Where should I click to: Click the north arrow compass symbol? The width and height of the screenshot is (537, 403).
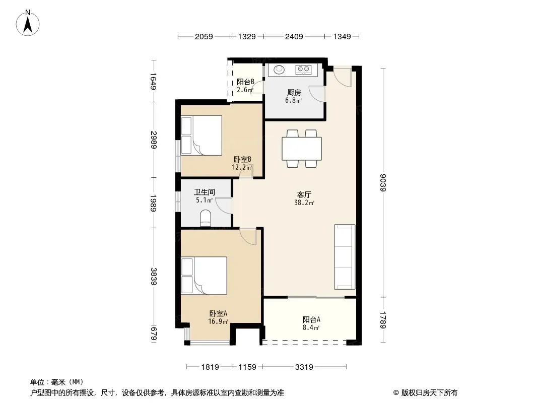click(28, 23)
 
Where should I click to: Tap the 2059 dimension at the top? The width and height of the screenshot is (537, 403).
click(204, 37)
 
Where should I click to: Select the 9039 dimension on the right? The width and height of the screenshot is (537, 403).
click(383, 183)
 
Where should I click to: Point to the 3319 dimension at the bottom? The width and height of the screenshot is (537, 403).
click(304, 367)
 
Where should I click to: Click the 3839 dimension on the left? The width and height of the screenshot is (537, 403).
click(154, 277)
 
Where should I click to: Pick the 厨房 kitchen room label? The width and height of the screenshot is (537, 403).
click(294, 93)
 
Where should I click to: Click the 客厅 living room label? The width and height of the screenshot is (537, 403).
click(304, 195)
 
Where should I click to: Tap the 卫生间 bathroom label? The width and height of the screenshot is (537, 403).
click(205, 192)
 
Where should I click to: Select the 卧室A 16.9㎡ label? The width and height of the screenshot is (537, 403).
click(218, 317)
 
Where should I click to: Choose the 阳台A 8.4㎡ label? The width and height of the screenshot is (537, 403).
click(311, 323)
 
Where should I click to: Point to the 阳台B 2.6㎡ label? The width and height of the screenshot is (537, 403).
click(245, 86)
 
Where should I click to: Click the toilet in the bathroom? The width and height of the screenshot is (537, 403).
click(206, 218)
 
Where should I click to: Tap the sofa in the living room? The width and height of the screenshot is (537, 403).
click(345, 257)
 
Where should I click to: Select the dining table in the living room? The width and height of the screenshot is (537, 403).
click(302, 149)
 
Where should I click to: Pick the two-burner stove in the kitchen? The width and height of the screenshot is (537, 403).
click(303, 70)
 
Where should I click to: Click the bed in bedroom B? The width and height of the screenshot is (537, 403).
click(202, 135)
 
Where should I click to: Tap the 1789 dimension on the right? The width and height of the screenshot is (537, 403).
click(383, 320)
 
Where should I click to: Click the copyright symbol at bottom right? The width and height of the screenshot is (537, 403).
click(396, 393)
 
